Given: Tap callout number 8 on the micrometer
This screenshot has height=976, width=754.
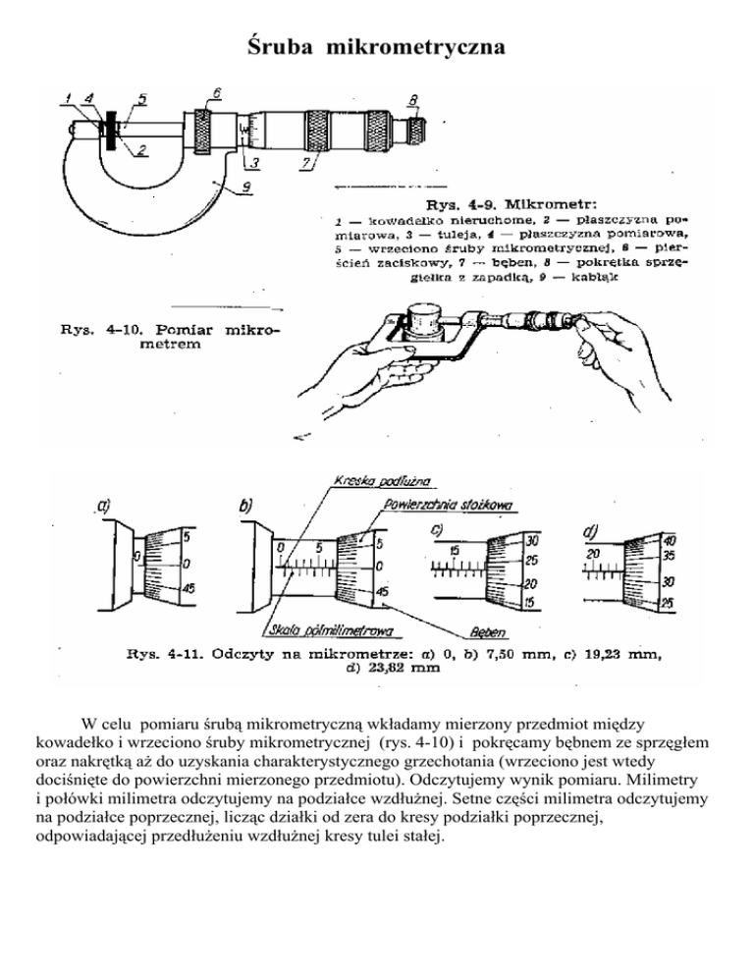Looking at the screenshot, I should pos(413,99).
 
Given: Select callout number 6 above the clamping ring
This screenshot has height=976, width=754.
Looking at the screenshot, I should pos(215,92).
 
